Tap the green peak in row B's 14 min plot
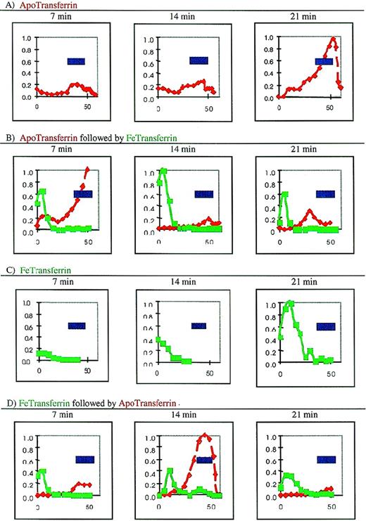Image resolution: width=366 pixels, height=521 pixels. tap(164, 171)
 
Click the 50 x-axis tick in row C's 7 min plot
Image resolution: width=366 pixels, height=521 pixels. tap(87, 371)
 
